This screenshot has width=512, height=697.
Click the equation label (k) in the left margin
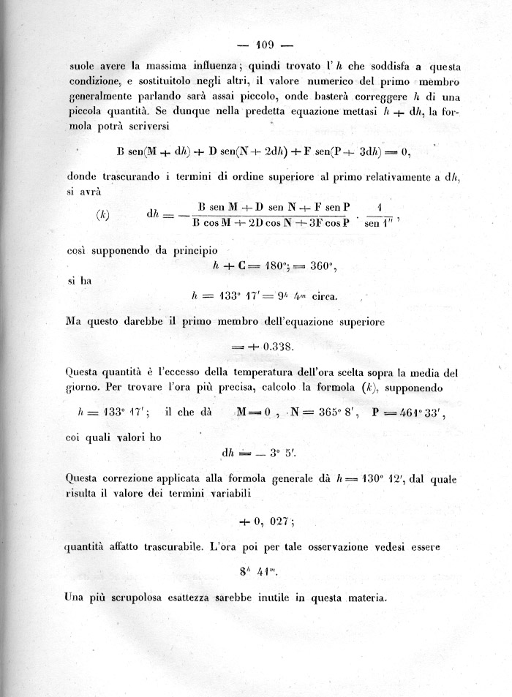tap(103, 216)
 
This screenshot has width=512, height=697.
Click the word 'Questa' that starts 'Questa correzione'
tap(86, 480)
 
